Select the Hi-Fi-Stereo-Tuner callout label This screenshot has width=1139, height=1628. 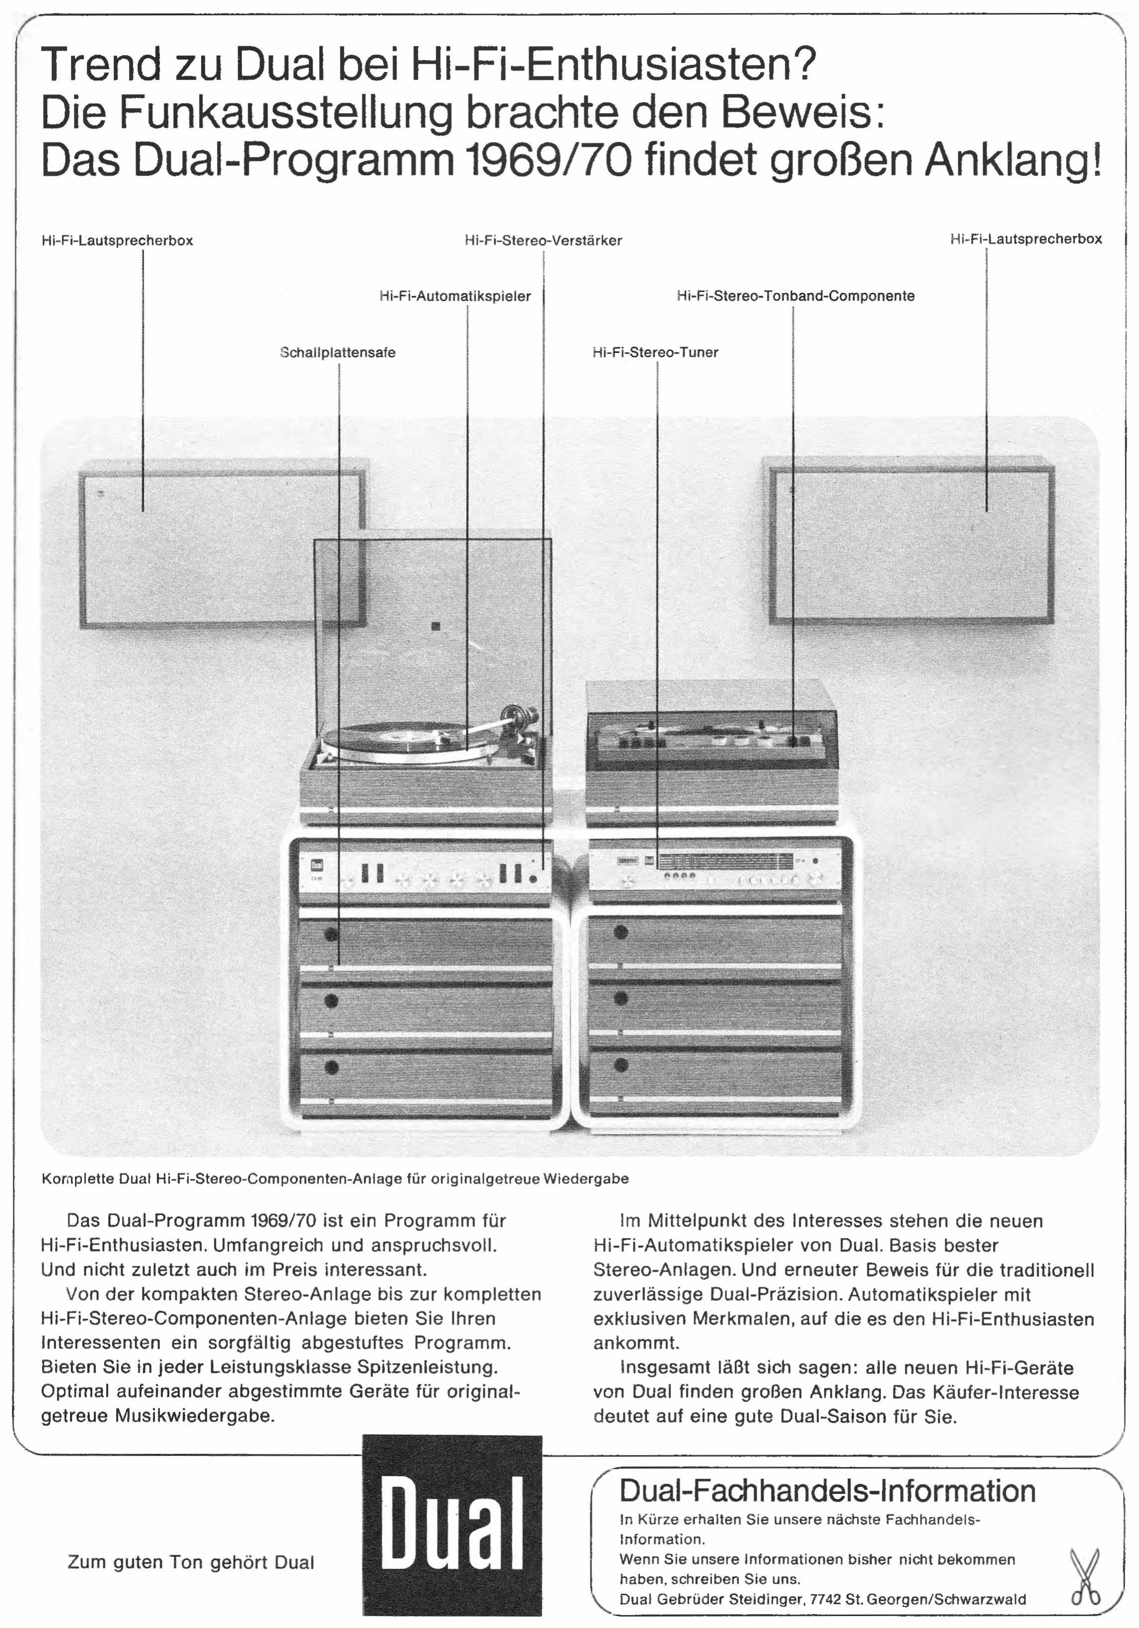(x=655, y=352)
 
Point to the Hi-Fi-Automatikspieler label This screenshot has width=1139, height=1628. (x=455, y=296)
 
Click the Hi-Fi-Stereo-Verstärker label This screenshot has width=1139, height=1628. (x=543, y=240)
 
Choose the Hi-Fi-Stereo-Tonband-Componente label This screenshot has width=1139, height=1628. (x=796, y=296)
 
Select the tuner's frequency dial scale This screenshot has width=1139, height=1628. (x=724, y=861)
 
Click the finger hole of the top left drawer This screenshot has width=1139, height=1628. (x=331, y=934)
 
